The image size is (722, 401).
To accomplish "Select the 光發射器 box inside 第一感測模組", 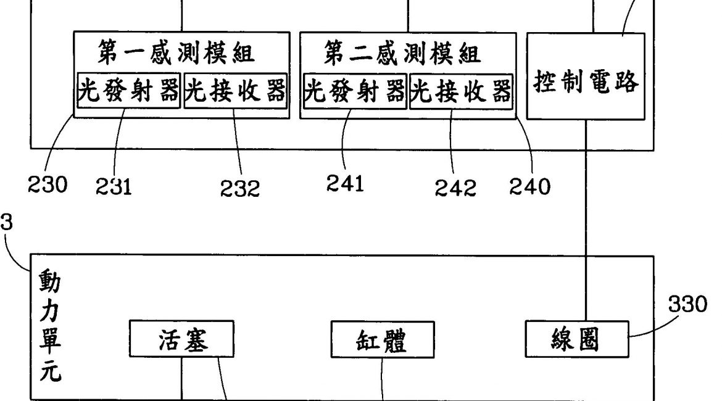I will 128,92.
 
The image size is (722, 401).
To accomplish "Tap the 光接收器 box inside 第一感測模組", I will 236,92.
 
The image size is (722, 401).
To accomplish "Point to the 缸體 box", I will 382,341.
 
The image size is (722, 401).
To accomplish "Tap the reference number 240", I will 529,186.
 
